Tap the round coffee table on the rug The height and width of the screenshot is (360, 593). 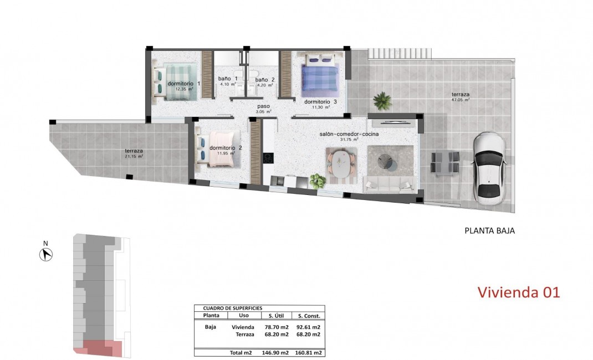tap(387, 161)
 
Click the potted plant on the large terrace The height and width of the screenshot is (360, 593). tap(382, 100)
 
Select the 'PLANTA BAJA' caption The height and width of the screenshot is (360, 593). tap(489, 231)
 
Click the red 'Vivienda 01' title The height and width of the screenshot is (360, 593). tap(519, 292)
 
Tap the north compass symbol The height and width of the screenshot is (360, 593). tap(47, 254)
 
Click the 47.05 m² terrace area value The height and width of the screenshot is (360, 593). tap(461, 101)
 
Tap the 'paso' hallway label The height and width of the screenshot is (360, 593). tap(263, 106)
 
